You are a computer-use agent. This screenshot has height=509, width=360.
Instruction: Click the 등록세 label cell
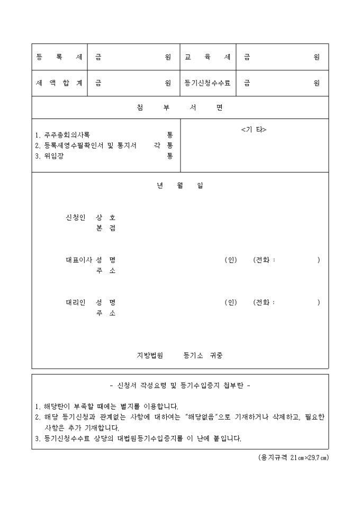pyautogui.click(x=59, y=57)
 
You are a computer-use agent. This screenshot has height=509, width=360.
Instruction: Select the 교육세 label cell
pyautogui.click(x=208, y=57)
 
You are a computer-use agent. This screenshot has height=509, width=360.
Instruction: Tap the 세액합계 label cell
pyautogui.click(x=59, y=83)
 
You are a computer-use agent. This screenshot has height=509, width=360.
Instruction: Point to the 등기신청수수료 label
pyautogui.click(x=208, y=83)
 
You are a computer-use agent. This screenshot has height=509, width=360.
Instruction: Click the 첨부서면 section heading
pyautogui.click(x=180, y=108)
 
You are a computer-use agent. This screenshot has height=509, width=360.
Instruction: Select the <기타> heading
pyautogui.click(x=254, y=130)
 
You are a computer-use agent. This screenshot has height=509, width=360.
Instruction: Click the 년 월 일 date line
pyautogui.click(x=180, y=186)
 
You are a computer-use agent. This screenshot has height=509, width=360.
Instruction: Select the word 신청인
pyautogui.click(x=75, y=217)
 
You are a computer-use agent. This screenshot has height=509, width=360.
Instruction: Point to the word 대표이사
pyautogui.click(x=78, y=260)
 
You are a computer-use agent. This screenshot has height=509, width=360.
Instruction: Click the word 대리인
pyautogui.click(x=75, y=302)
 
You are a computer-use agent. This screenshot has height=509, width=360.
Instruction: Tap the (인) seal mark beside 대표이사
pyautogui.click(x=230, y=260)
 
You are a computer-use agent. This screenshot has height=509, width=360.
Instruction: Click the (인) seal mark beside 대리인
pyautogui.click(x=230, y=302)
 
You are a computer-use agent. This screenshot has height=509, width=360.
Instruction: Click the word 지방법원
pyautogui.click(x=150, y=355)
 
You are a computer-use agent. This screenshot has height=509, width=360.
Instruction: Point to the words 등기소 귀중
pyautogui.click(x=202, y=355)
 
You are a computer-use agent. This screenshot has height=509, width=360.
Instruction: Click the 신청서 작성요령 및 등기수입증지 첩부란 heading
pyautogui.click(x=180, y=385)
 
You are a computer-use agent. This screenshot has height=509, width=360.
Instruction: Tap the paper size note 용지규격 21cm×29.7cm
pyautogui.click(x=290, y=458)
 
